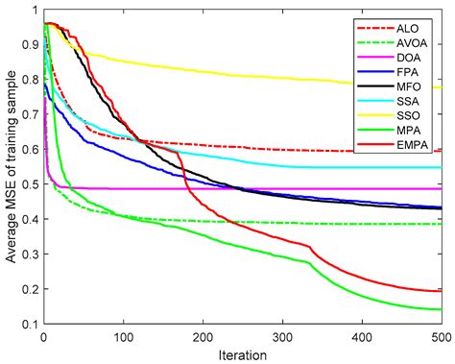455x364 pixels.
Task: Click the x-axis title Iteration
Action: point(242,353)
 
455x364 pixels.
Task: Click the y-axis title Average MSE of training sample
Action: point(11,173)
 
